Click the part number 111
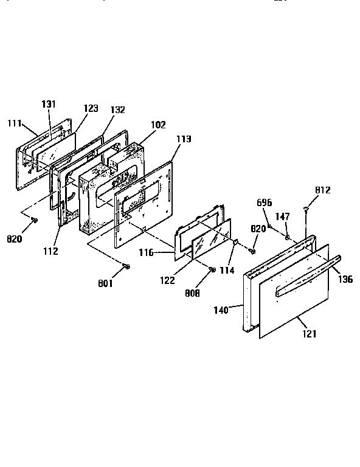click(x=15, y=123)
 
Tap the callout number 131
click(x=49, y=104)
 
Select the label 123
click(x=90, y=108)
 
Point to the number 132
click(x=118, y=110)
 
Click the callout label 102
click(x=158, y=125)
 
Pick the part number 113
click(x=183, y=139)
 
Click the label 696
click(x=264, y=202)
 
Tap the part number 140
click(x=221, y=310)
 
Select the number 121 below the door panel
click(x=308, y=333)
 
